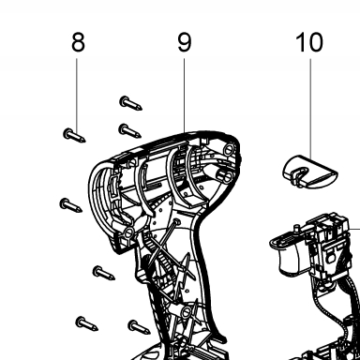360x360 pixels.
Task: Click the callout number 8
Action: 78,42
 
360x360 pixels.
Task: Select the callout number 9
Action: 184,42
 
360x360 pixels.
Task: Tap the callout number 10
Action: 309,42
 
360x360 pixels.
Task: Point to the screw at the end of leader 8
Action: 74,135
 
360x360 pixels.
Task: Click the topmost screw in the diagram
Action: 130,103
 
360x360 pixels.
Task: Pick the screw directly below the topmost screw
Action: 130,130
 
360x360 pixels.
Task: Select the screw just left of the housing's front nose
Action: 70,205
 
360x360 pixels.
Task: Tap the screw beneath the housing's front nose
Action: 104,273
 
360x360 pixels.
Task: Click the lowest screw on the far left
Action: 87,323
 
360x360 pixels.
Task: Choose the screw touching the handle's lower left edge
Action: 140,327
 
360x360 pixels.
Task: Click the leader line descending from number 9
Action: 184,95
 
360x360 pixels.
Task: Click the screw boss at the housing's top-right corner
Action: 230,148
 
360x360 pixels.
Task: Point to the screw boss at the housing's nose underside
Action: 129,232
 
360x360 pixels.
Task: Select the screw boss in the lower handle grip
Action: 187,311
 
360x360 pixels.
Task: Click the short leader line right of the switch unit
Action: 354,229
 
